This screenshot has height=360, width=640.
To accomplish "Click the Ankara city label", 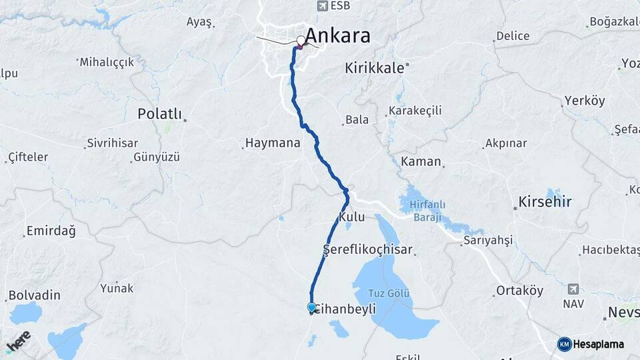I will [x=339, y=36].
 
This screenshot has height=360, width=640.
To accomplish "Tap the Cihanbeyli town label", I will [x=345, y=309].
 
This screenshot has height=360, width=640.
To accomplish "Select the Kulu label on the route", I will [x=352, y=218].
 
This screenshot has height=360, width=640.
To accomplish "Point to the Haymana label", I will [x=273, y=143].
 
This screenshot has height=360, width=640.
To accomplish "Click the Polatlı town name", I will [x=159, y=114].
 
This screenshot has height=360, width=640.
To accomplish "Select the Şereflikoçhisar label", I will [x=367, y=251].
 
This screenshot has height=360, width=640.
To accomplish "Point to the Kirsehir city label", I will [x=545, y=201].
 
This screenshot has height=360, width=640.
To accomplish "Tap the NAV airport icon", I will [x=573, y=289].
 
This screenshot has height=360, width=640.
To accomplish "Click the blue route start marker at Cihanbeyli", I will [x=311, y=307].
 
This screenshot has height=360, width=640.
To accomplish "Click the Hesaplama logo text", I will [x=599, y=344].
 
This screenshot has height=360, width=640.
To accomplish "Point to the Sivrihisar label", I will [x=112, y=143].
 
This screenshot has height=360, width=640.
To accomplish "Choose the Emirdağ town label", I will [x=50, y=231].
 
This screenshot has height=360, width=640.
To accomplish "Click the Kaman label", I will [x=421, y=161].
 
